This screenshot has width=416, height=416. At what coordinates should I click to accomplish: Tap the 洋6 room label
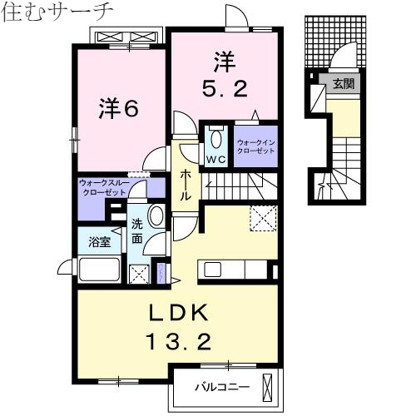[119, 109]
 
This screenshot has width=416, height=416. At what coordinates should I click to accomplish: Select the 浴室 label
[100, 242]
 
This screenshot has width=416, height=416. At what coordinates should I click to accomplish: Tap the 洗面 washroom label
[138, 232]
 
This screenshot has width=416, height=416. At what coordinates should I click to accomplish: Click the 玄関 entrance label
[344, 83]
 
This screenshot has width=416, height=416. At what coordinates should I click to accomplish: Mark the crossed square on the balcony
[267, 386]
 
